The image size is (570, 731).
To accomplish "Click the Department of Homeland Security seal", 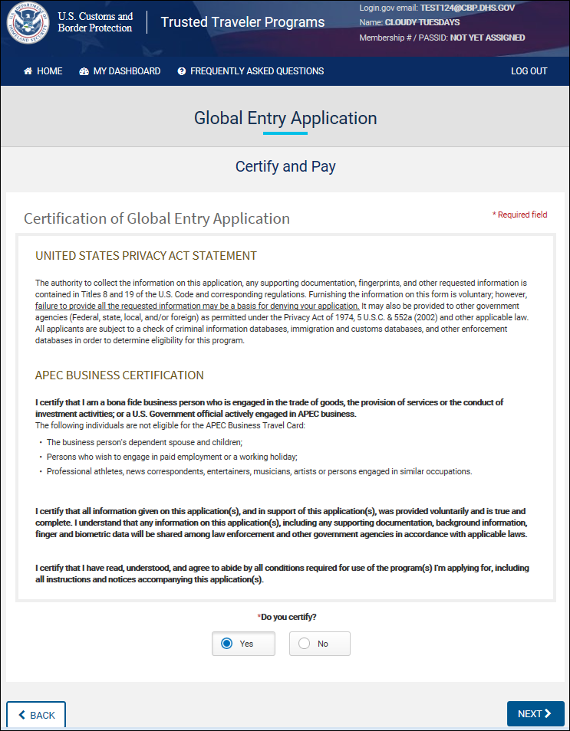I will point(28,22).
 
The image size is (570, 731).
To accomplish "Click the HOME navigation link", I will point(43,71).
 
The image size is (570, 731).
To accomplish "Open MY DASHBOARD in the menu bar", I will point(120,71).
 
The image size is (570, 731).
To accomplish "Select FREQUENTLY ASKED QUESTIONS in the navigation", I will point(250,71).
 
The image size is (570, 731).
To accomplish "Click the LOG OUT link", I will point(529,71).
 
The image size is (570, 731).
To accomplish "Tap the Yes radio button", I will point(227,644).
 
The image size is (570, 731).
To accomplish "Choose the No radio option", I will point(305,644).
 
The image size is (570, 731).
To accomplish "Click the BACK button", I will point(36,715).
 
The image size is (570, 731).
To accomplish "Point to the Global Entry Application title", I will point(285,119).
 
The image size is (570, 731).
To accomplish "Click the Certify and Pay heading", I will point(285,166).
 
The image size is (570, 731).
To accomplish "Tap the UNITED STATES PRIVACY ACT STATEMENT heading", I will point(146,256).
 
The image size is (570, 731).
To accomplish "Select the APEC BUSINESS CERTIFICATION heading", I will point(120,375).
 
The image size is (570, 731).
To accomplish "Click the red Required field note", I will point(519,215).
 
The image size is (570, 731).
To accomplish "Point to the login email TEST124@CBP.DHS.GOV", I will point(467,8).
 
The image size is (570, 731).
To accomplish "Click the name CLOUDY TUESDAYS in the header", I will point(422,22).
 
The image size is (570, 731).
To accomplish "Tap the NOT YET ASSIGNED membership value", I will point(487,38).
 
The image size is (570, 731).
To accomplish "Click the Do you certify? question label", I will point(287,617).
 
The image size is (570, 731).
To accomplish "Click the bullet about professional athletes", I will point(259,471).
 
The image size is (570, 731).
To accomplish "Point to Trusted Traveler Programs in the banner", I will point(242,22).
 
